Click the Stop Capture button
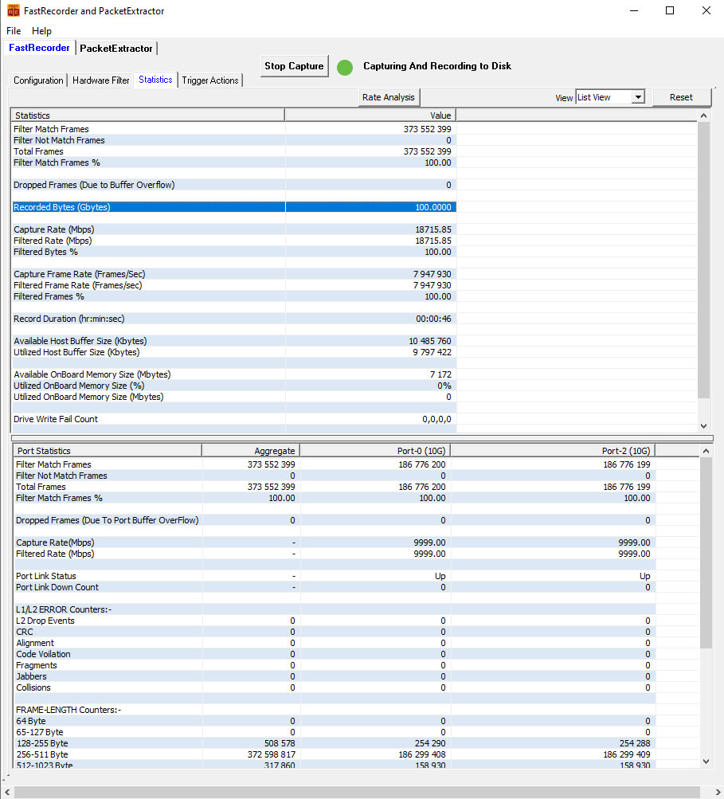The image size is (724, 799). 294,66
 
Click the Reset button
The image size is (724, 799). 681,97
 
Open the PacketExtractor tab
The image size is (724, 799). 116,49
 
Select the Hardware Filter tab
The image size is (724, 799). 101,80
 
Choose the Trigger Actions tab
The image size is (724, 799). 210,80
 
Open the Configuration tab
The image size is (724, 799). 38,80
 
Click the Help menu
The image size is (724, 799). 41,31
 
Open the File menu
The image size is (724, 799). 14,31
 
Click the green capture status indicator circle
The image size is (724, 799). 345,67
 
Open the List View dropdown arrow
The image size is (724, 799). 638,97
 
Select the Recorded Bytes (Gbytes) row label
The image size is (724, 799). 61,207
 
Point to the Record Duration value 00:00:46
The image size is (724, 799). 433,319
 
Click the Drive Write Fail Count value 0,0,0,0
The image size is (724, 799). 436,419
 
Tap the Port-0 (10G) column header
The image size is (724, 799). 421,451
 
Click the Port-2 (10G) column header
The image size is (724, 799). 626,451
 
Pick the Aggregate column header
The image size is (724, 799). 275,451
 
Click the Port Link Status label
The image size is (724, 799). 46,576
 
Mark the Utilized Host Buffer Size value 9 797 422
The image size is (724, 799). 432,353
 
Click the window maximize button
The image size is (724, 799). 670,10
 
